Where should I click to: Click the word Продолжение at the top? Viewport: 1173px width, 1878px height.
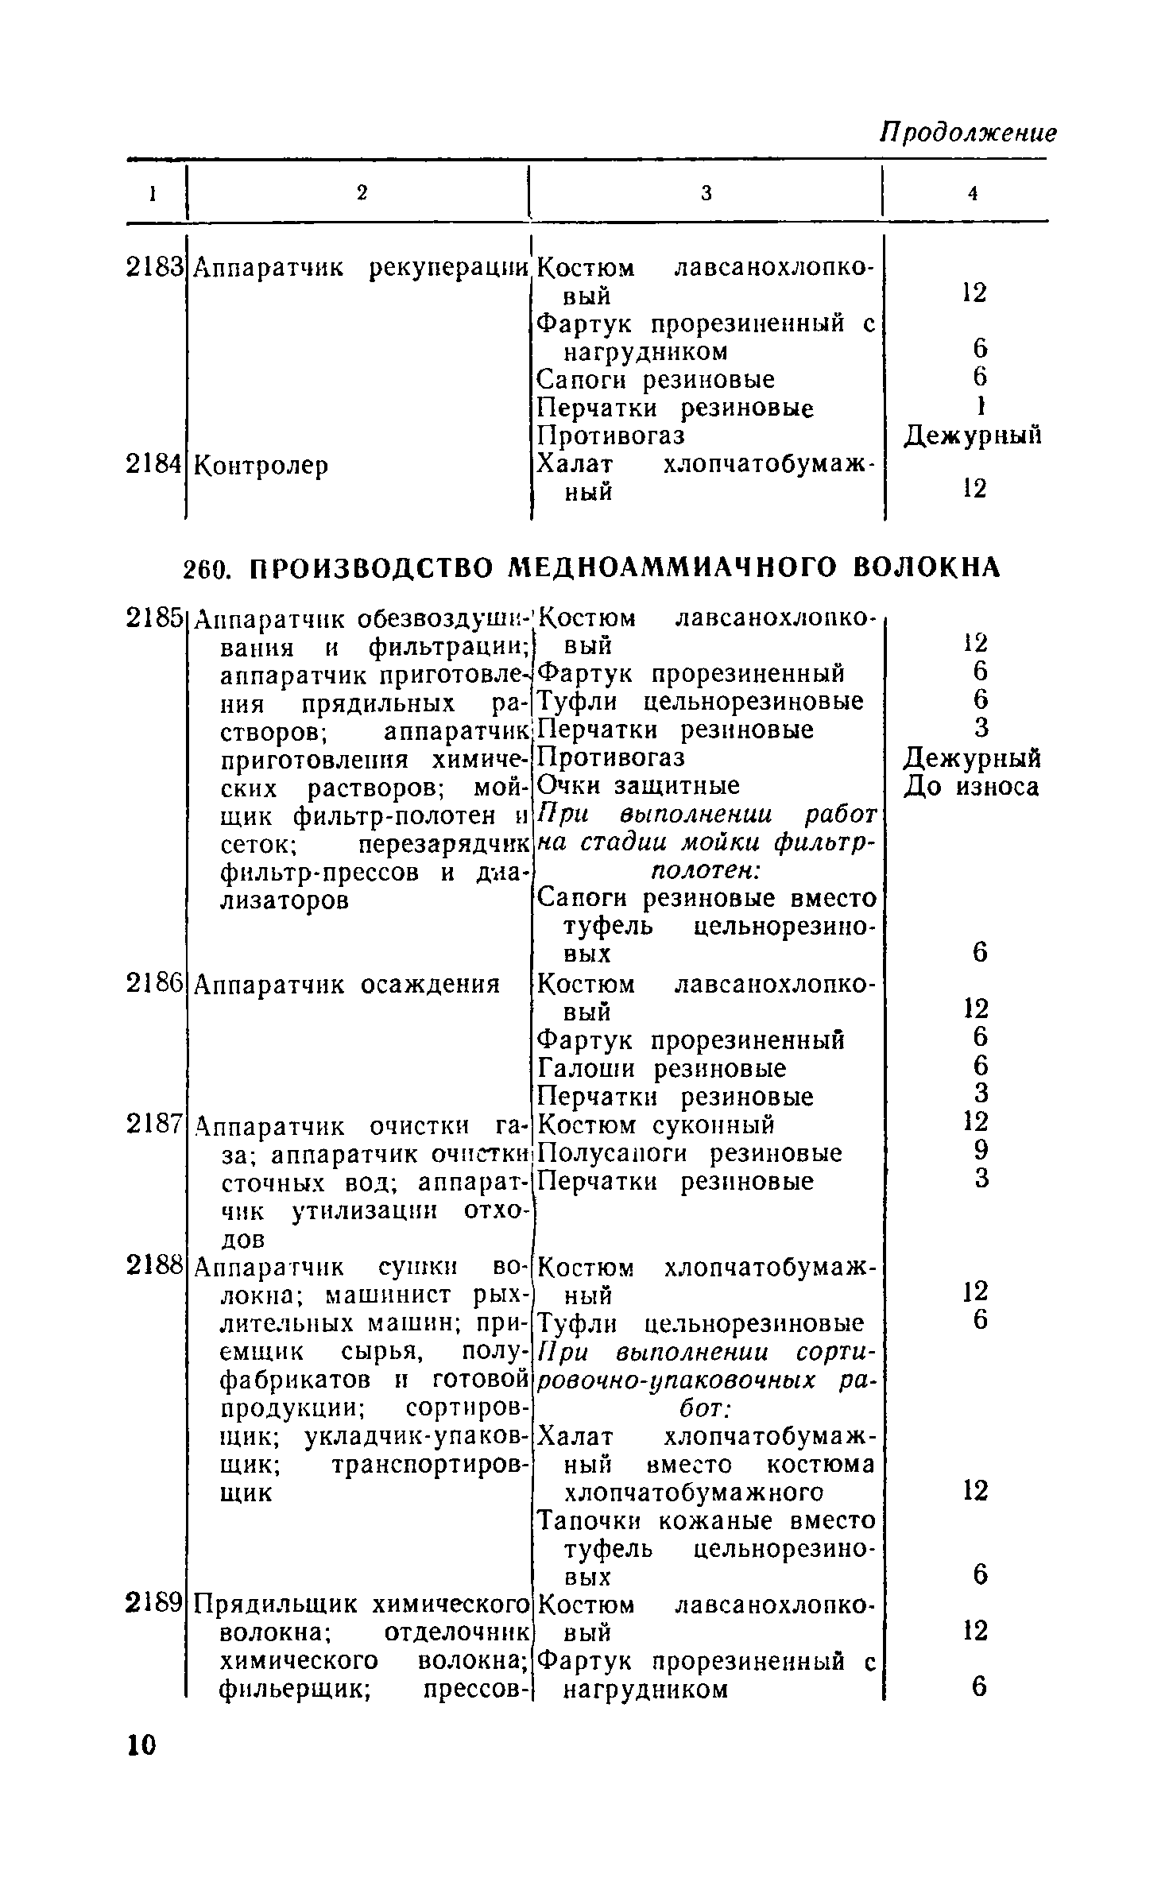pyautogui.click(x=968, y=133)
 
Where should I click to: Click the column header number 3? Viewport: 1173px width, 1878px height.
pyautogui.click(x=707, y=193)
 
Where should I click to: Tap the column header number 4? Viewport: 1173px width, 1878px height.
pyautogui.click(x=972, y=193)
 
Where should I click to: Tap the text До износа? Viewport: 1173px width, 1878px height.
pyautogui.click(x=971, y=787)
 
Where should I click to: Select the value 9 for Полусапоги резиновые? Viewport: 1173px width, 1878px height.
pyautogui.click(x=981, y=1152)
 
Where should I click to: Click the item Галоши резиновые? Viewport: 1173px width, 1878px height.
pyautogui.click(x=662, y=1069)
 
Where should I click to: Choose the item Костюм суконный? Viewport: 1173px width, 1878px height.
pyautogui.click(x=656, y=1125)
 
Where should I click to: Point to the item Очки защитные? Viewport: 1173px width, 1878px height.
pyautogui.click(x=638, y=786)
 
